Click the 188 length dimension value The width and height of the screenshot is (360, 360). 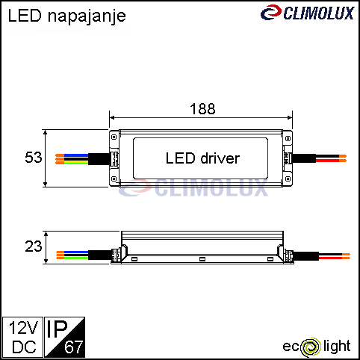pyautogui.click(x=202, y=109)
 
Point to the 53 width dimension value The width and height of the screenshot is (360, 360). pyautogui.click(x=34, y=158)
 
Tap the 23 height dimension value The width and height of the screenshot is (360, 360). pyautogui.click(x=34, y=246)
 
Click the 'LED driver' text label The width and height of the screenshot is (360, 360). pyautogui.click(x=202, y=158)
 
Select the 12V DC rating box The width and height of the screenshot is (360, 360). pyautogui.click(x=22, y=337)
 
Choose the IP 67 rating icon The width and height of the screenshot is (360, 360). pyautogui.click(x=65, y=337)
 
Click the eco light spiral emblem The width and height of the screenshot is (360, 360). pyautogui.click(x=310, y=347)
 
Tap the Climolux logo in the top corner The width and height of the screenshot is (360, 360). pyautogui.click(x=307, y=13)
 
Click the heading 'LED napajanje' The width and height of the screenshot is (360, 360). pyautogui.click(x=66, y=16)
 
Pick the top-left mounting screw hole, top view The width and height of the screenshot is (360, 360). pyautogui.click(x=114, y=137)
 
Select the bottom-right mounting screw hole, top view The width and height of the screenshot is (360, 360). pyautogui.click(x=288, y=179)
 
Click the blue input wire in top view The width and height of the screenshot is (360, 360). pyautogui.click(x=72, y=155)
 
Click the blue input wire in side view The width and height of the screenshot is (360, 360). pyautogui.click(x=72, y=252)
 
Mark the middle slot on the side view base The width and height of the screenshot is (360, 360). pyautogui.click(x=202, y=259)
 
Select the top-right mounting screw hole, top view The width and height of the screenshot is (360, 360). pyautogui.click(x=288, y=138)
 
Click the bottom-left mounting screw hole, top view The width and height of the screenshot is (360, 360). pyautogui.click(x=114, y=179)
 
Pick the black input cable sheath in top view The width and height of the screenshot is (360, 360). pyautogui.click(x=99, y=159)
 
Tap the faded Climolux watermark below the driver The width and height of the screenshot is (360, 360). pyautogui.click(x=193, y=187)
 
